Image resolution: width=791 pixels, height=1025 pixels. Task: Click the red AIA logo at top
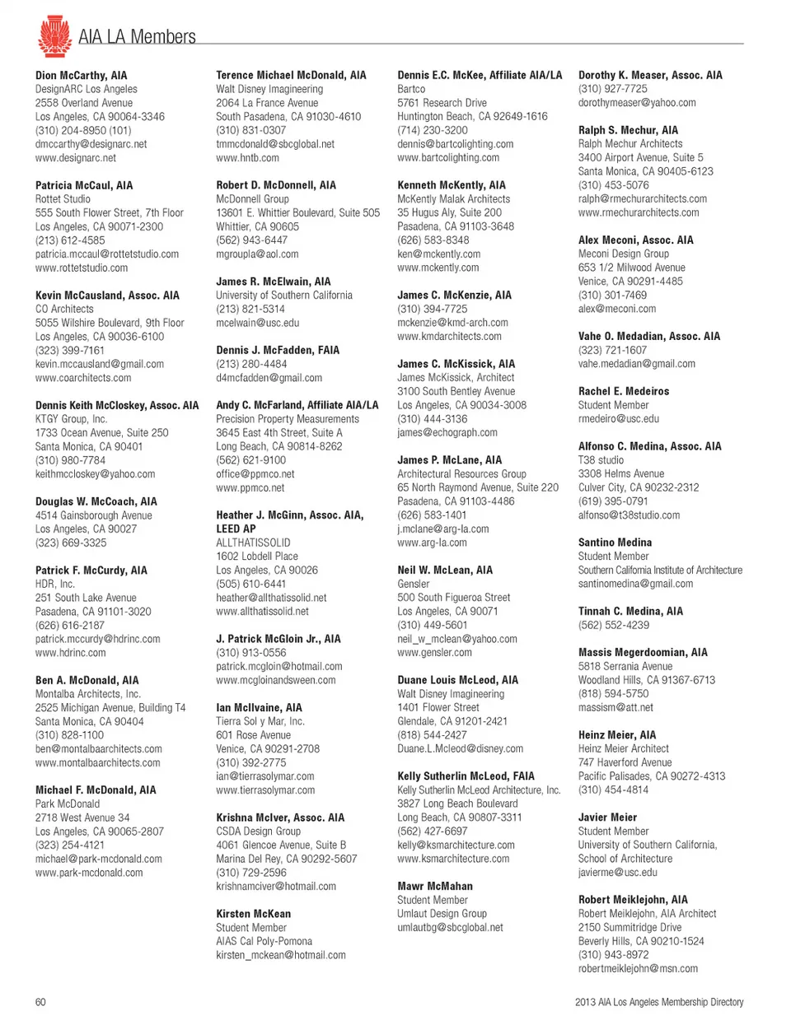click(54, 36)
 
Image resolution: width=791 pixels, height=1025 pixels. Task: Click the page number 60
click(40, 1002)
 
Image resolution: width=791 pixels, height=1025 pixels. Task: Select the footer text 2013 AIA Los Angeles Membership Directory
click(659, 1002)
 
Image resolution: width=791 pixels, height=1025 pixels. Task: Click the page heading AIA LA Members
click(137, 37)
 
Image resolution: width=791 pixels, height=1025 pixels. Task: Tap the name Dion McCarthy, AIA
click(81, 75)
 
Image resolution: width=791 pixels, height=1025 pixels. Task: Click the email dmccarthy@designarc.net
click(91, 144)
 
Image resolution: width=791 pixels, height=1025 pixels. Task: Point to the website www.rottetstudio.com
click(81, 268)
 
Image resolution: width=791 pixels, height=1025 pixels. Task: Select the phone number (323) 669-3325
click(70, 543)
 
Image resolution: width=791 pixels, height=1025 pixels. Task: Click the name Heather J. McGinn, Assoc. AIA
click(289, 515)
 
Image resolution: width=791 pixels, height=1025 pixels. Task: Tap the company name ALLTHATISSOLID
click(253, 543)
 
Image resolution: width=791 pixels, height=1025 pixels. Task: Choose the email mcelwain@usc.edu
click(257, 323)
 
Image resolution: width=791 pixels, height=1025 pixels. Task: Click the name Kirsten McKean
click(253, 914)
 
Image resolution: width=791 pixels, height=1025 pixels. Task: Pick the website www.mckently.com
click(438, 268)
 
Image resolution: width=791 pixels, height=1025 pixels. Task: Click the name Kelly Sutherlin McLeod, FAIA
click(466, 776)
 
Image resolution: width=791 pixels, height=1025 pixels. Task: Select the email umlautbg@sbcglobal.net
click(450, 928)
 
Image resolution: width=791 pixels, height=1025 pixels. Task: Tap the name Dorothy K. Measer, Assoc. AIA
click(650, 75)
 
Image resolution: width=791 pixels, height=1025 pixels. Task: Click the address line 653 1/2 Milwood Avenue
click(631, 268)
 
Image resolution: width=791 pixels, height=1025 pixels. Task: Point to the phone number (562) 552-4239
click(613, 625)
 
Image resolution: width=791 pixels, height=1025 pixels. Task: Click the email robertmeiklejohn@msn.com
click(638, 969)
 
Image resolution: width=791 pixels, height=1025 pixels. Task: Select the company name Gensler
click(414, 584)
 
